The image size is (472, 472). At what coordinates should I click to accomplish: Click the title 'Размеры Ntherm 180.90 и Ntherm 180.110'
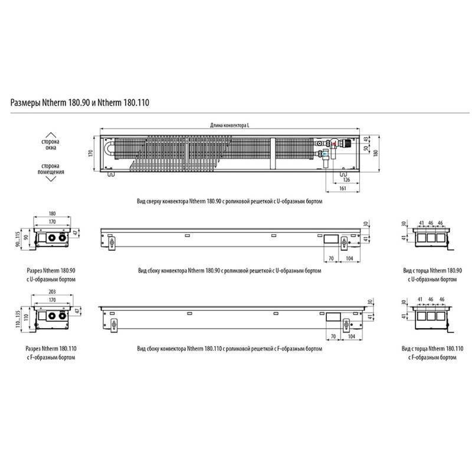(x=80, y=103)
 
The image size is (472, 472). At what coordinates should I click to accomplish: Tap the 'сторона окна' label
(x=49, y=146)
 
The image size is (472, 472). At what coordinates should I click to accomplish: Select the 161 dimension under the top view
(x=343, y=188)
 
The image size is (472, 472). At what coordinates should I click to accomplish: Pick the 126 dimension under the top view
(x=346, y=178)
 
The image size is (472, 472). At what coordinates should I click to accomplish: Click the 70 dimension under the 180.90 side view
(x=332, y=258)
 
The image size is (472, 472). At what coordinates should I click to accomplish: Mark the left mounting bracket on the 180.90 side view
(x=111, y=243)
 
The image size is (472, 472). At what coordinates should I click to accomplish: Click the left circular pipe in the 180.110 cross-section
(x=50, y=316)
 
